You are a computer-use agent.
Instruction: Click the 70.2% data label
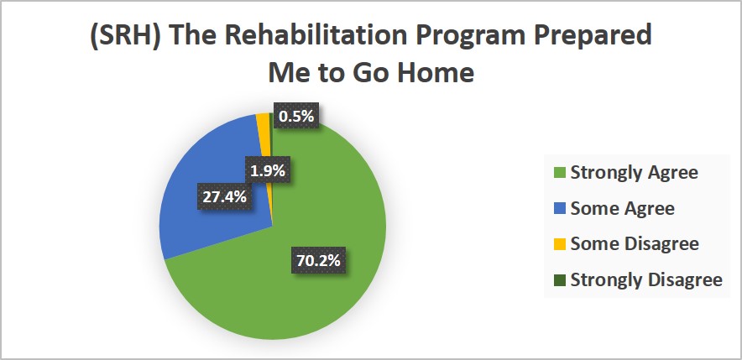pos(318,260)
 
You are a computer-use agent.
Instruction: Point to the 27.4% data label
pos(224,197)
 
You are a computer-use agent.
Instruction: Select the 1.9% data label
pos(268,171)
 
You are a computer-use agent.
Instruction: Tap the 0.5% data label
pos(296,116)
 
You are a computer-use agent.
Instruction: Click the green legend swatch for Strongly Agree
pos(559,173)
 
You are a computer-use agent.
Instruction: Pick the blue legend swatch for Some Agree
pos(559,209)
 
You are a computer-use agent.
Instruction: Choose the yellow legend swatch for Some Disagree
pos(559,244)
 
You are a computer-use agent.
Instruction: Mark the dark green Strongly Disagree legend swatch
pos(559,280)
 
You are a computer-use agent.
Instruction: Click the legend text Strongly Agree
pos(634,173)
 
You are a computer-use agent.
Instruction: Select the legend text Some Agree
pos(622,209)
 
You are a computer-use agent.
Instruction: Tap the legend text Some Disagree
pos(635,244)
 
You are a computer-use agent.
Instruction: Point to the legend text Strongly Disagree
pos(646,280)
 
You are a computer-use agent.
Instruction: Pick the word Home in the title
pos(430,73)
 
